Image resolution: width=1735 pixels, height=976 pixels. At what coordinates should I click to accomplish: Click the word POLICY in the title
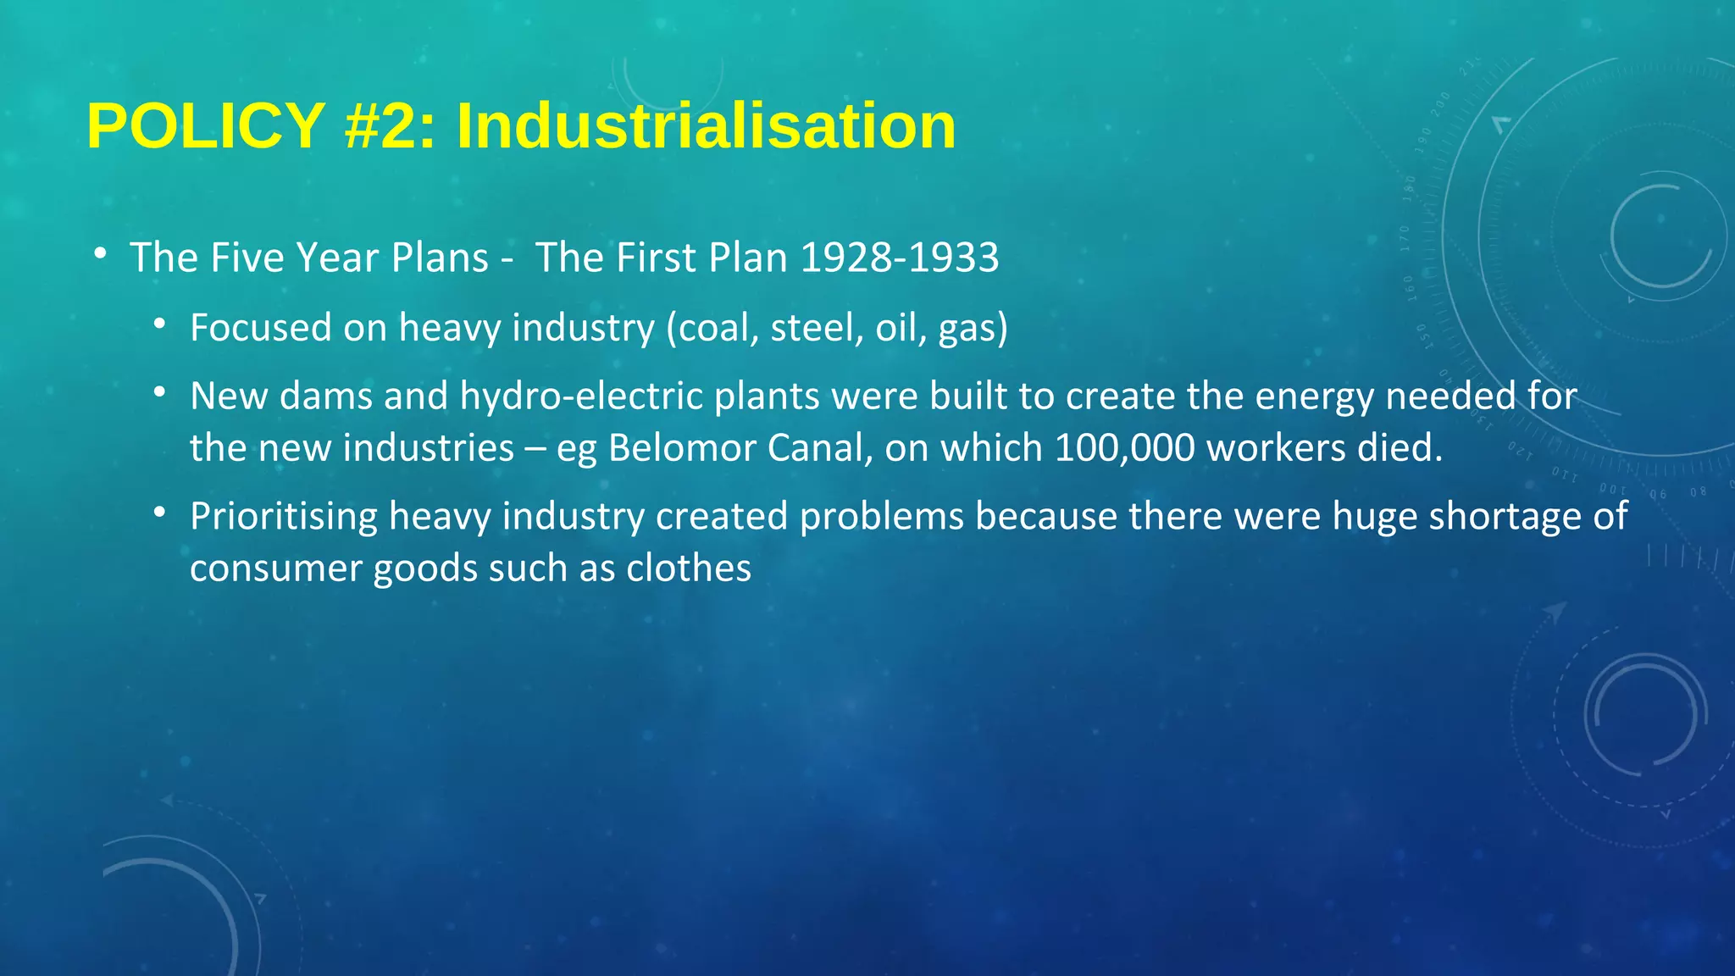pos(206,126)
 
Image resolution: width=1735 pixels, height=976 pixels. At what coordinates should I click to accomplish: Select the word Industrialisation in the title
pos(707,126)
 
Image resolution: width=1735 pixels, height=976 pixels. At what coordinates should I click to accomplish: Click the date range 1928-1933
pos(900,258)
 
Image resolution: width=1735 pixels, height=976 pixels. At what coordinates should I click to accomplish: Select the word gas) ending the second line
pos(973,328)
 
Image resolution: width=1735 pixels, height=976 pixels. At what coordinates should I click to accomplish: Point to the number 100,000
pos(1125,448)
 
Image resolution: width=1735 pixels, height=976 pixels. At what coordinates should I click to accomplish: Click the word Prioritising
pos(284,517)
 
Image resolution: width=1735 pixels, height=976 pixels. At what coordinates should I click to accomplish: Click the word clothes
pos(689,568)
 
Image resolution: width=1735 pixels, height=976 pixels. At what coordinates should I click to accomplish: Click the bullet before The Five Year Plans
pos(100,253)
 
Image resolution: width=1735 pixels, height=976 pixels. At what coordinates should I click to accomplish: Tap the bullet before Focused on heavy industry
pos(160,324)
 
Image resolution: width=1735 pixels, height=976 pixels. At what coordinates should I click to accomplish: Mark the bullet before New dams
pos(160,392)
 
